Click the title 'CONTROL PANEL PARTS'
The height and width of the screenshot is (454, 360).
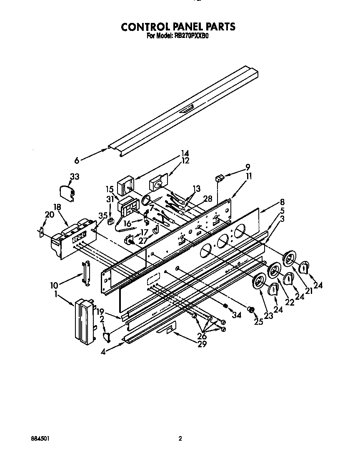(x=178, y=27)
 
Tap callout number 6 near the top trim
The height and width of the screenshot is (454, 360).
(x=76, y=159)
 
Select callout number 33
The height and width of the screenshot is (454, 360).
(x=74, y=177)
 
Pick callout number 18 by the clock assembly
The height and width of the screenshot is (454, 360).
(x=57, y=207)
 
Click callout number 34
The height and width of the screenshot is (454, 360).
(x=237, y=315)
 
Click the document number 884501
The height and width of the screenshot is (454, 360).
(x=40, y=438)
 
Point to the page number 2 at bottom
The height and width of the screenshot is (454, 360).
(x=180, y=438)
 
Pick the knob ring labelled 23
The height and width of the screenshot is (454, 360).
(x=260, y=282)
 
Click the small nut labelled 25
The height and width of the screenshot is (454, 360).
(x=251, y=310)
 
